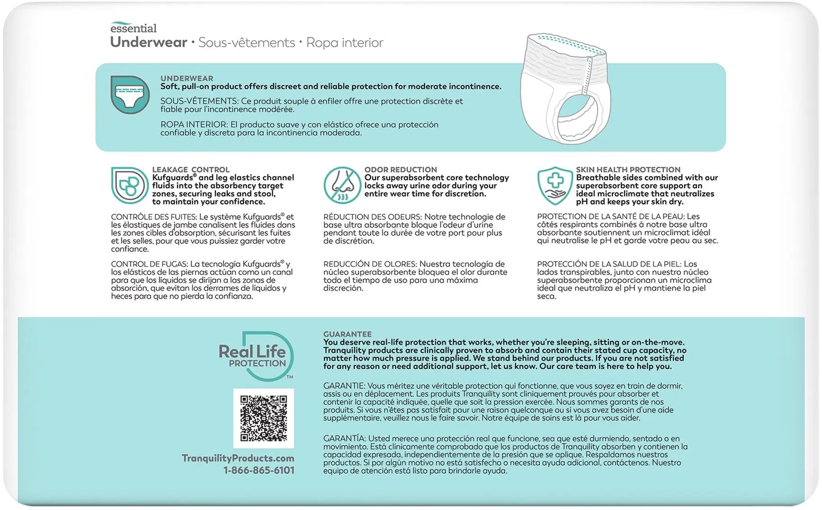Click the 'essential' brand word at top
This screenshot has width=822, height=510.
(x=133, y=28)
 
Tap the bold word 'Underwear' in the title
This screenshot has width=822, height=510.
(x=149, y=42)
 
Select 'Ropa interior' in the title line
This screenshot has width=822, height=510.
(x=344, y=43)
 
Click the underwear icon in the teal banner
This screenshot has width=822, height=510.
(x=130, y=95)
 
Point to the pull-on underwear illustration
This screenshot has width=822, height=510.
(x=565, y=88)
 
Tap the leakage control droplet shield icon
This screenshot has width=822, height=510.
(x=129, y=185)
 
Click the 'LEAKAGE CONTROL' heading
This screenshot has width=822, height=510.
(x=191, y=170)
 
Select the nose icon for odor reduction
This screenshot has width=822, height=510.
(x=342, y=185)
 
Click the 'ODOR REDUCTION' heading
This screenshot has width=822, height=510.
(x=401, y=170)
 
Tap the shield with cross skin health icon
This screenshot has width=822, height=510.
(x=555, y=185)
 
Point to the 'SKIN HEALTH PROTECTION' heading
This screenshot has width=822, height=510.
(x=628, y=170)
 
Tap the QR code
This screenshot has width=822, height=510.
(x=264, y=418)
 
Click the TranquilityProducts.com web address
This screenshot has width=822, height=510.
(x=238, y=458)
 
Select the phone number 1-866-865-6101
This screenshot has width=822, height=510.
(x=259, y=470)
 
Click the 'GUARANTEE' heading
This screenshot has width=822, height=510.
(x=347, y=334)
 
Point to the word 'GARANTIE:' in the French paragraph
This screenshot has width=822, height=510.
(x=344, y=386)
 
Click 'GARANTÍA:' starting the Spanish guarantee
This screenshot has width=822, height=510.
(x=344, y=438)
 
